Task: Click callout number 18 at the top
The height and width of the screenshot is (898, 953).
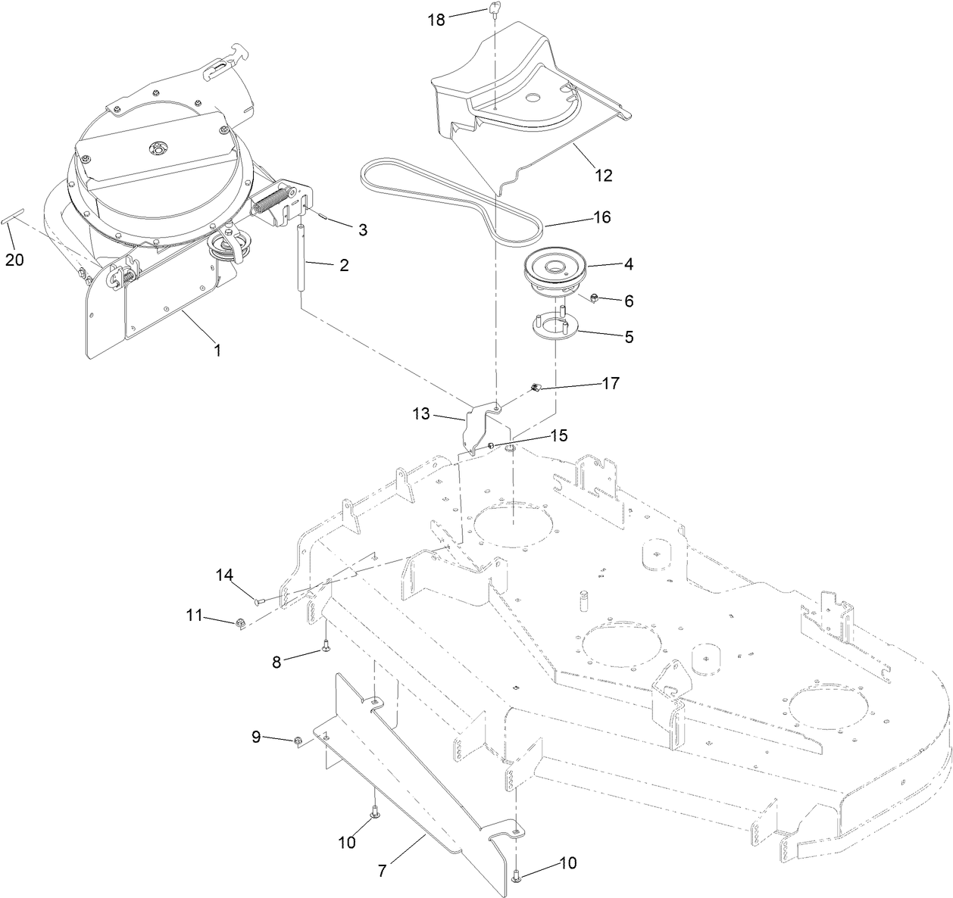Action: point(436,20)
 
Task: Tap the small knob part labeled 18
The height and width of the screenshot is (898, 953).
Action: point(494,9)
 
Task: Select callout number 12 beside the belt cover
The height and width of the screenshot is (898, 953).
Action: point(604,176)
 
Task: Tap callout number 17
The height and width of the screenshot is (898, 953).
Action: point(611,384)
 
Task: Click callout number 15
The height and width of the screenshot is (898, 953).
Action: point(558,435)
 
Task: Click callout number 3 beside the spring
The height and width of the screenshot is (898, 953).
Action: point(363,229)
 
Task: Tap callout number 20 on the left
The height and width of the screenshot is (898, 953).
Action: point(14,260)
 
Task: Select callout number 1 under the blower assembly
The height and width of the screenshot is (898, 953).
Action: point(217,351)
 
